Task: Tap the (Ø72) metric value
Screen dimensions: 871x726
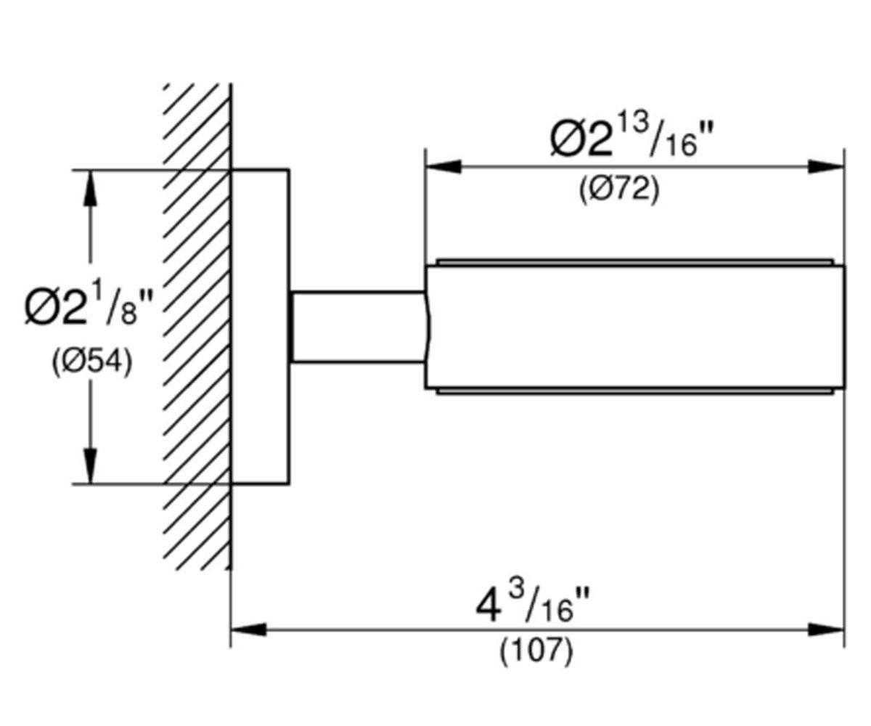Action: (x=619, y=189)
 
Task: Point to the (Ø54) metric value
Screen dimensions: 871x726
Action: (x=92, y=362)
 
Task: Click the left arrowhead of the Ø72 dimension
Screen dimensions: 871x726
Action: (x=443, y=167)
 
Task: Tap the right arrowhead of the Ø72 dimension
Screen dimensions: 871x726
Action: (x=826, y=167)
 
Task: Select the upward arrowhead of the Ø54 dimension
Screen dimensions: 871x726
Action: (x=90, y=188)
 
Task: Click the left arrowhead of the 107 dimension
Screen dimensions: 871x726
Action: (x=249, y=629)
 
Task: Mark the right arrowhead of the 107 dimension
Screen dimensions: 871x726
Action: (x=826, y=629)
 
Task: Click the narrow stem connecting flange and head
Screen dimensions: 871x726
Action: (x=359, y=327)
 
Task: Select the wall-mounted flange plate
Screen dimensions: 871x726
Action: (x=260, y=327)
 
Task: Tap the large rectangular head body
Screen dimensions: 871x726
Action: (x=635, y=327)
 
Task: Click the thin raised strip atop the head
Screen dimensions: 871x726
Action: (x=635, y=262)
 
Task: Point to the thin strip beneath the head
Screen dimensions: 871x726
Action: (x=635, y=391)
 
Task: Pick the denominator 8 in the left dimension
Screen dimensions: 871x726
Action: (x=129, y=314)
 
